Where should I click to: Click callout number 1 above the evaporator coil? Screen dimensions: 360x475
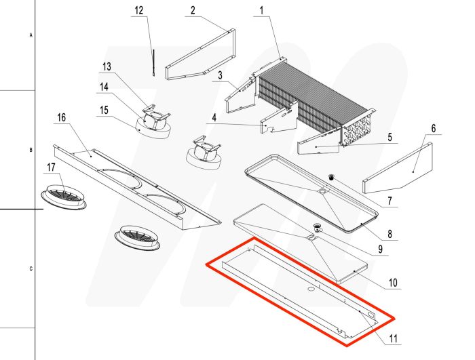pyautogui.click(x=261, y=12)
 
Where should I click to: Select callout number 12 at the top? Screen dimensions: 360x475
pyautogui.click(x=139, y=12)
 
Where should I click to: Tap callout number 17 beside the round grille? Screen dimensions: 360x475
pyautogui.click(x=51, y=167)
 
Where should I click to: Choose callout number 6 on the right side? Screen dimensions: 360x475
pyautogui.click(x=434, y=127)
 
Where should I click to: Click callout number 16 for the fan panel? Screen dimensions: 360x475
pyautogui.click(x=61, y=118)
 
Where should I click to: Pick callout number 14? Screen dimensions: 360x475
pyautogui.click(x=104, y=87)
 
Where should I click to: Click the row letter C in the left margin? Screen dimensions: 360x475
pyautogui.click(x=31, y=268)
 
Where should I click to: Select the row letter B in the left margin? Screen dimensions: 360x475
pyautogui.click(x=31, y=149)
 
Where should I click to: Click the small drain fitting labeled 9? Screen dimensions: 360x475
pyautogui.click(x=316, y=228)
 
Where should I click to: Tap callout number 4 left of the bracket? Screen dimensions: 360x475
pyautogui.click(x=214, y=117)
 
